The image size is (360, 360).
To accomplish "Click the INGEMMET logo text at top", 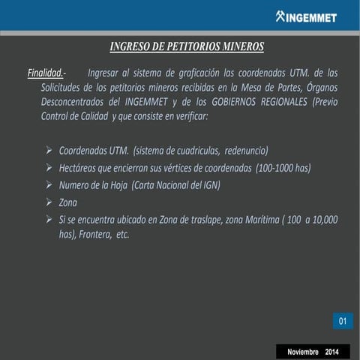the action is pyautogui.click(x=308, y=17).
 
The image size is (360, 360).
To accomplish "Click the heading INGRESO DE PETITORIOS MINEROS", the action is pyautogui.click(x=187, y=47).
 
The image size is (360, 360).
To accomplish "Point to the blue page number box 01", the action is pyautogui.click(x=342, y=322).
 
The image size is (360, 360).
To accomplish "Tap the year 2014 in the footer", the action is pyautogui.click(x=332, y=352).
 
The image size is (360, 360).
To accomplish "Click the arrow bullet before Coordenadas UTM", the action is pyautogui.click(x=49, y=150).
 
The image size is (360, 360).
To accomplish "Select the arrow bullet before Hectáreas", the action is pyautogui.click(x=49, y=167).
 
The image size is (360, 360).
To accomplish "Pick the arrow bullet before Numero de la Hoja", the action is pyautogui.click(x=49, y=184).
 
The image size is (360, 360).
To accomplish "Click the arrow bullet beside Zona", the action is pyautogui.click(x=49, y=202).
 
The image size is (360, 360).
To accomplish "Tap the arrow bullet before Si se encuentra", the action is pyautogui.click(x=49, y=219).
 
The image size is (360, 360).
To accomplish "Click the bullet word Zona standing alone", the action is pyautogui.click(x=67, y=202).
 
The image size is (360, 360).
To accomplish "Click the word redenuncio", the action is pyautogui.click(x=244, y=150).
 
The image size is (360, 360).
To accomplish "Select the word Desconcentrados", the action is pyautogui.click(x=73, y=103).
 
